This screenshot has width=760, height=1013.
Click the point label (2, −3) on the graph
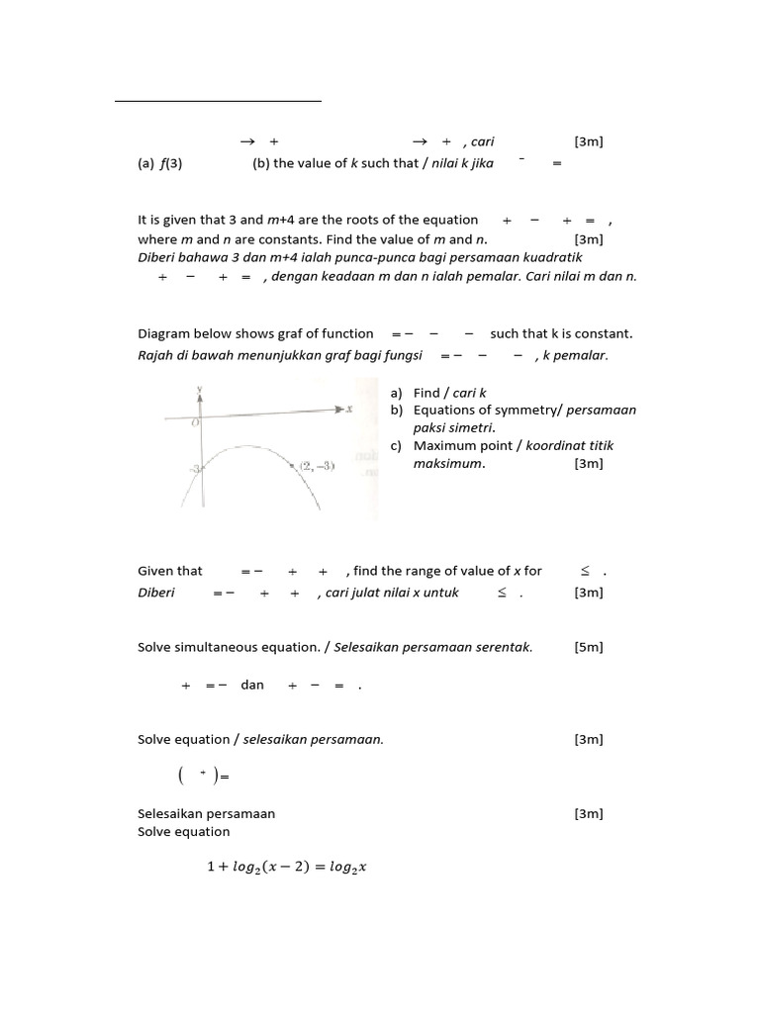[x=316, y=465]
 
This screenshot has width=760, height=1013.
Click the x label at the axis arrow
[x=349, y=409]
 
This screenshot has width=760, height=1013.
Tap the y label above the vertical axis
[x=200, y=389]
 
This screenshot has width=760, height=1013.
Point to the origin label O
[x=195, y=422]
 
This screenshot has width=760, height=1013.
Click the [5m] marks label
[x=588, y=647]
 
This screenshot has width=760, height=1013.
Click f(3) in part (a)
[x=171, y=163]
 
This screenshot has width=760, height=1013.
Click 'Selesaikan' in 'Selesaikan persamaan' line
[x=171, y=813]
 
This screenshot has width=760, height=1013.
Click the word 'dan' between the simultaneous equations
[x=252, y=685]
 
